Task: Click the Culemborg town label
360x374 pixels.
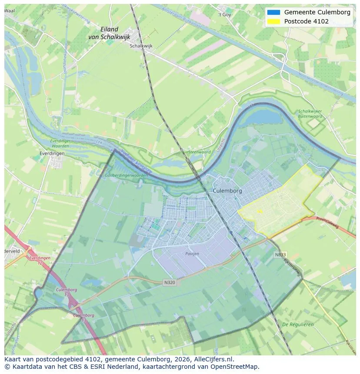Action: point(227,191)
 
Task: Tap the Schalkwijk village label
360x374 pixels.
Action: point(141,46)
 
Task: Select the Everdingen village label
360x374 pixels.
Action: point(51,153)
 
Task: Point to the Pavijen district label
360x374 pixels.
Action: point(192,253)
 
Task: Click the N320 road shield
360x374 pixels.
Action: point(170,282)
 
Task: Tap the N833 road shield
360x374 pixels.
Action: point(280,255)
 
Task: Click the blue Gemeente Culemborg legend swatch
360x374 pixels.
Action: point(273,12)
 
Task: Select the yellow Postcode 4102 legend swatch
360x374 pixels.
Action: point(273,21)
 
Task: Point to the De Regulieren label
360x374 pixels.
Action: point(298,324)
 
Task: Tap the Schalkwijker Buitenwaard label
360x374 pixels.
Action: point(310,114)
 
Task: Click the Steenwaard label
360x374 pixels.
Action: point(199,152)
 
